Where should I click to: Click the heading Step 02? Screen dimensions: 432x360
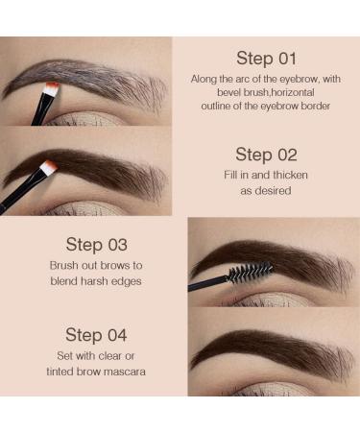pyautogui.click(x=266, y=155)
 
